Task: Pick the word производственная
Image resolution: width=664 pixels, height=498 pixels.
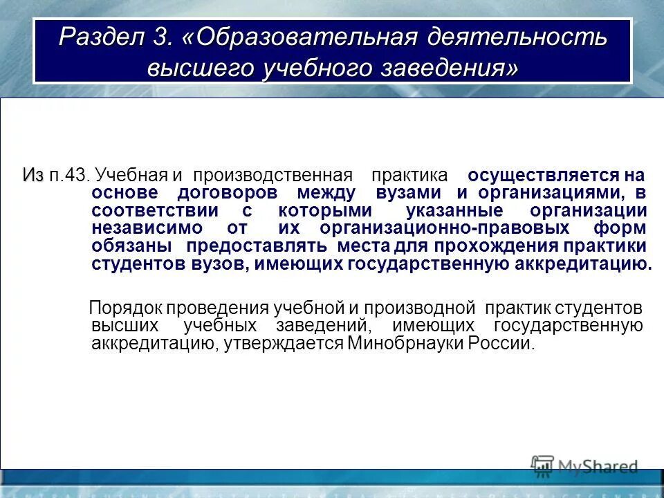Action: point(273,175)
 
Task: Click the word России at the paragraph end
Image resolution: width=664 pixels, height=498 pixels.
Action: point(502,344)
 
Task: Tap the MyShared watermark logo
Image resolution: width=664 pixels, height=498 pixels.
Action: point(584,466)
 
